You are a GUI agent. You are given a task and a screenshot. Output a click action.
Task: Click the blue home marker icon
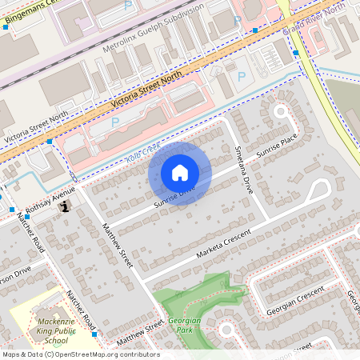pos(180,173)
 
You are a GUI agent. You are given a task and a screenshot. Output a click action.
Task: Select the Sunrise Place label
pos(277,150)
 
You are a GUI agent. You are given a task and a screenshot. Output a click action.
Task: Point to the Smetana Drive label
pos(239,164)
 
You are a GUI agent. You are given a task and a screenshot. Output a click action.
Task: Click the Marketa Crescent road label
pos(224,243)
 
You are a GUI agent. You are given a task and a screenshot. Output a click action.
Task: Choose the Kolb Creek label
pos(143,154)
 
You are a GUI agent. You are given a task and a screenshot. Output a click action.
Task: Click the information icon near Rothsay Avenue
pos(65,205)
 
